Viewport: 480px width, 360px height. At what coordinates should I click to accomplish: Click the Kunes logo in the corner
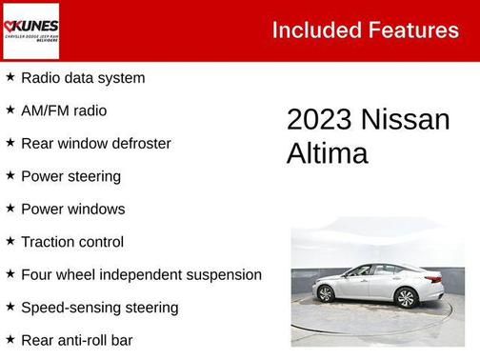pyautogui.click(x=30, y=30)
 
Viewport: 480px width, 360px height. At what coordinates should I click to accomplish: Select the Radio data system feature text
pyautogui.click(x=83, y=78)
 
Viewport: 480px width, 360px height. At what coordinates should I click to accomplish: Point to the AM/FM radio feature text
pyautogui.click(x=64, y=110)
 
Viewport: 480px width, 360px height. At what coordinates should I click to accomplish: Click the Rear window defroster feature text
pyautogui.click(x=96, y=144)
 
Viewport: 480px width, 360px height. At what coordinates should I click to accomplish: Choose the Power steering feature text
pyautogui.click(x=70, y=176)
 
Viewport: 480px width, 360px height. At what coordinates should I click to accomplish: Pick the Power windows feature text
pyautogui.click(x=73, y=210)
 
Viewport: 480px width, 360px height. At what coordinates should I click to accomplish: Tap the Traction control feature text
pyautogui.click(x=72, y=242)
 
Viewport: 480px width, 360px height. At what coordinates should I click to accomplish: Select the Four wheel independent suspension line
pyautogui.click(x=141, y=275)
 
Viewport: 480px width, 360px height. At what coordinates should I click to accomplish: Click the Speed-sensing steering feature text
pyautogui.click(x=100, y=308)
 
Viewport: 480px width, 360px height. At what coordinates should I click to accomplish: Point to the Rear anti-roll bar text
pyautogui.click(x=77, y=340)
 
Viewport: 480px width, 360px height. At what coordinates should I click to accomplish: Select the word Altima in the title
pyautogui.click(x=327, y=153)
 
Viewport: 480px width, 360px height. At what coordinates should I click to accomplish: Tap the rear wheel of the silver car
pyautogui.click(x=326, y=294)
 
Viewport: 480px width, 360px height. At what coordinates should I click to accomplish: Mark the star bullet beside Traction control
pyautogui.click(x=10, y=241)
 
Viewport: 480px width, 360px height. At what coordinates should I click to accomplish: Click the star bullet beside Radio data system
pyautogui.click(x=10, y=77)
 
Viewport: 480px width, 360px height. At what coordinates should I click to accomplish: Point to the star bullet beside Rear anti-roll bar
pyautogui.click(x=10, y=339)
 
